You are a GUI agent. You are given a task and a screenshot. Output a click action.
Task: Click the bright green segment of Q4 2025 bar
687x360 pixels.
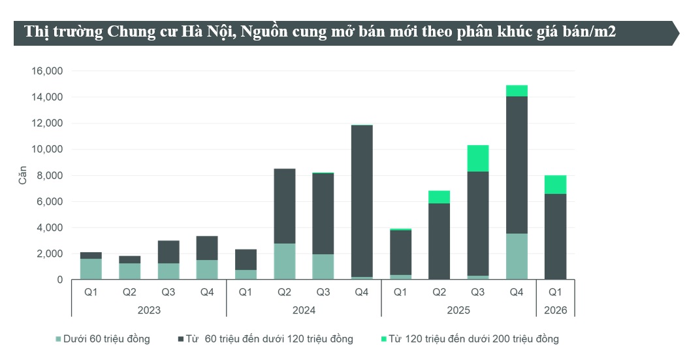pos(517,91)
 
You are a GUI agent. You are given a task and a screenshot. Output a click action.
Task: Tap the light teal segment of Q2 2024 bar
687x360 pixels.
pos(284,261)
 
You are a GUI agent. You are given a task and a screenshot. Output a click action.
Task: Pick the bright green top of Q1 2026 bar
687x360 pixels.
pos(555,185)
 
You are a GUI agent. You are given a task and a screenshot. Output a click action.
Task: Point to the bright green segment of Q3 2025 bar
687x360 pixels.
pos(477,158)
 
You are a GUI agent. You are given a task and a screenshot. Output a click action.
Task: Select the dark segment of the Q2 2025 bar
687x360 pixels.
pos(439,241)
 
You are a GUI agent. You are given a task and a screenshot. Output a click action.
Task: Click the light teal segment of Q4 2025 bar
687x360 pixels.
pos(517,256)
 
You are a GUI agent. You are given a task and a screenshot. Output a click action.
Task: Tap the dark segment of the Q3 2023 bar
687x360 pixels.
pos(168,252)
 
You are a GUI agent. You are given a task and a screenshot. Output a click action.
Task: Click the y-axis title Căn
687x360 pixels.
pos(23,175)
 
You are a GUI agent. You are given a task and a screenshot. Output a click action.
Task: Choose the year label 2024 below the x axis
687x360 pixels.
pos(304,310)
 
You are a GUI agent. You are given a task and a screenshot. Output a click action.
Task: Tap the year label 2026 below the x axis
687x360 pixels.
pos(555,310)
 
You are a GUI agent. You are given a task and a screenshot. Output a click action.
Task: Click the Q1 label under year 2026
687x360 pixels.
pos(555,292)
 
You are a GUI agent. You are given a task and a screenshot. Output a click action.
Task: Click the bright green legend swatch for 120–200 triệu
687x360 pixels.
pos(383,338)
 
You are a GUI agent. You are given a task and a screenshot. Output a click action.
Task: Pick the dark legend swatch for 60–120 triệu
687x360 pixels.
pos(181,338)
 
